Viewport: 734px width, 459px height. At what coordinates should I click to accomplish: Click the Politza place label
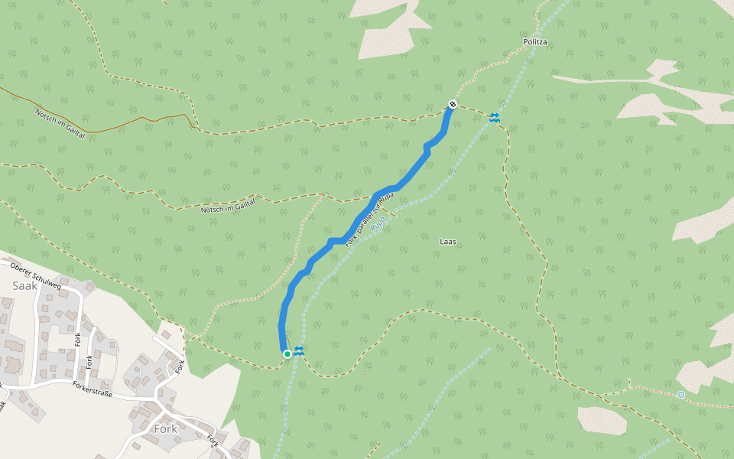536,43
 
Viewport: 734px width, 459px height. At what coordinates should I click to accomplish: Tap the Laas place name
449,242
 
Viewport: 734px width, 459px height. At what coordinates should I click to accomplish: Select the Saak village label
24,285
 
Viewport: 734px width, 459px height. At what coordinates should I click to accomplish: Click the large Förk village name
165,429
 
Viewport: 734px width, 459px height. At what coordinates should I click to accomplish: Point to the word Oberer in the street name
24,267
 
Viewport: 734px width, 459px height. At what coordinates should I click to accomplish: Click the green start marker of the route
287,353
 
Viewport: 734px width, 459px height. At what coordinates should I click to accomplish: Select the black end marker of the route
453,104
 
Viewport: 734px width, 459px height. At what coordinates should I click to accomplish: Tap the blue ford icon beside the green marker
299,350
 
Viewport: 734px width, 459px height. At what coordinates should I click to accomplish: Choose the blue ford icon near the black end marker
495,116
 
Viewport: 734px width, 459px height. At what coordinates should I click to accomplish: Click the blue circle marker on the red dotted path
680,395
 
